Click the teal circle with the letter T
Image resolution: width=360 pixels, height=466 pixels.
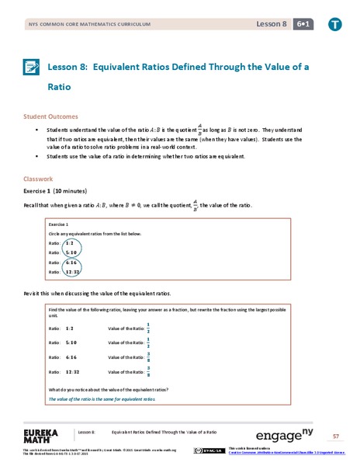(334, 25)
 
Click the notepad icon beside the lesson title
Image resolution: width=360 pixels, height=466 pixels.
(33, 67)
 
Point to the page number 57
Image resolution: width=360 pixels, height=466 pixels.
(335, 436)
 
